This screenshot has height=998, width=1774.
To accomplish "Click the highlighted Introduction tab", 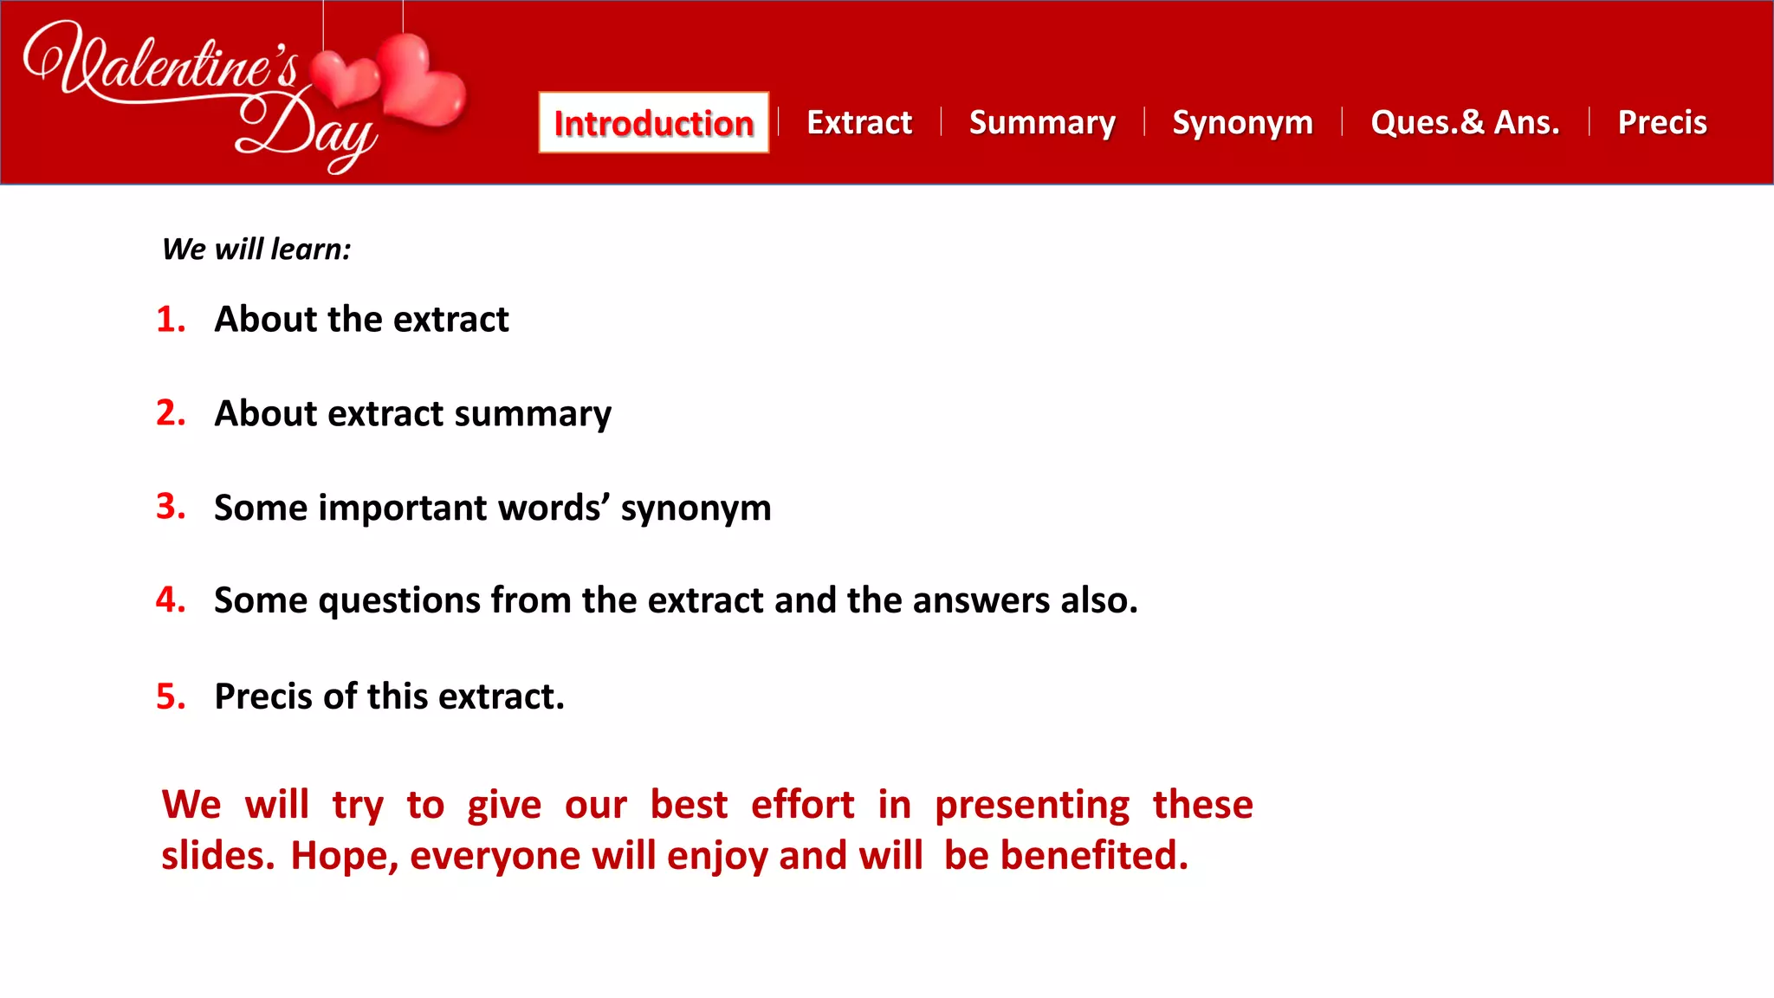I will click(653, 123).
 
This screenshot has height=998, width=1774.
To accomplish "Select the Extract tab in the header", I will click(859, 123).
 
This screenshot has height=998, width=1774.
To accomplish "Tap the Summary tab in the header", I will click(1042, 123).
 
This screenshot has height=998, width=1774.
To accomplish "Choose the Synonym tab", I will click(1242, 123).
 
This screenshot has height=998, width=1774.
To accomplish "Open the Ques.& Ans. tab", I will click(1465, 123).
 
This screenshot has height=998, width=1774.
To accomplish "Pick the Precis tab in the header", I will click(1662, 123).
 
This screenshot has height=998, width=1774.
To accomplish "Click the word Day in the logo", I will click(308, 130).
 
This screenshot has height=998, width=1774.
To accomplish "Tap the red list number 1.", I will click(171, 320).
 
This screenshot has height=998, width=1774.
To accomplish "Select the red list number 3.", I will click(171, 507).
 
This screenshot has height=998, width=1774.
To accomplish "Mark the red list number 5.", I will click(171, 697).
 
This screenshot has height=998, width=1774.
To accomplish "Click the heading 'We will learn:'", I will click(256, 249).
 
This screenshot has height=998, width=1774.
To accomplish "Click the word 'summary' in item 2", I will click(533, 414).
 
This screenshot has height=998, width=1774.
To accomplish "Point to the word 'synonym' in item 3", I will click(696, 509).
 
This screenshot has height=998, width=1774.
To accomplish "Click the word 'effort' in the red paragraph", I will click(802, 805).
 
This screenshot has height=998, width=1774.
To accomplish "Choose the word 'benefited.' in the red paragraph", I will click(1094, 856).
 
